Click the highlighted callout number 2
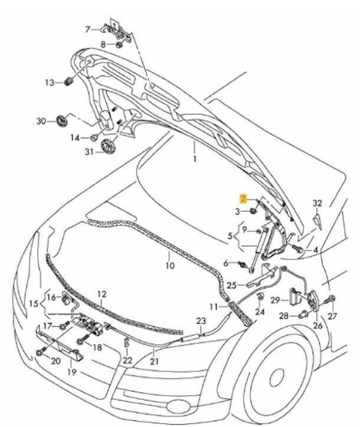coord(242,199)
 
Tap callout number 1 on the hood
coord(194,160)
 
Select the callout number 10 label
coord(170,265)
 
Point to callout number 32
coord(318,203)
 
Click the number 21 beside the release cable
coord(155,362)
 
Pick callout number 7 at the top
coord(88,29)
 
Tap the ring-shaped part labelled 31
coord(109,145)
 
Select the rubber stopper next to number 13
coord(68,82)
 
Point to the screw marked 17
coord(62,326)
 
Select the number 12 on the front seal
coord(101,294)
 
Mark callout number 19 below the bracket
coord(71,372)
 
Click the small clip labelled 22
coord(127,344)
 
